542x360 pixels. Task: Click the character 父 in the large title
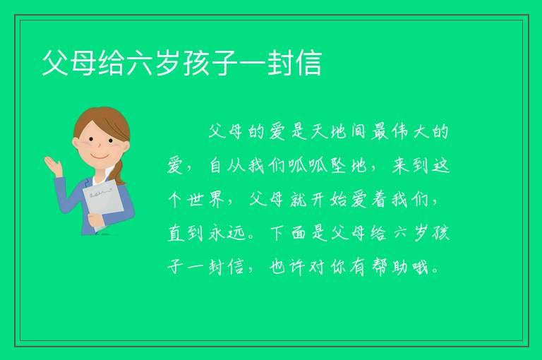[x=55, y=63]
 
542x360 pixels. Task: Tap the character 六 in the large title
[x=140, y=63]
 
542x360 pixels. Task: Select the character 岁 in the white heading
[x=168, y=63]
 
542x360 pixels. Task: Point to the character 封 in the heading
[x=280, y=63]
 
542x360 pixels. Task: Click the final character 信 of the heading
[x=308, y=63]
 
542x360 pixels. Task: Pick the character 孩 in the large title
[x=196, y=63]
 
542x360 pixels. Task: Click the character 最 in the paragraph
[x=379, y=131]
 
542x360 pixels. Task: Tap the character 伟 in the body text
[x=400, y=131]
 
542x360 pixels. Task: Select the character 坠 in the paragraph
[x=338, y=165]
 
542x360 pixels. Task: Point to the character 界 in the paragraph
[x=217, y=199]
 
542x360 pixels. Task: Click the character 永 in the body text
[x=217, y=233]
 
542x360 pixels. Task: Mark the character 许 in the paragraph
[x=297, y=267]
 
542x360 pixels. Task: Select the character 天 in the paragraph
[x=318, y=131]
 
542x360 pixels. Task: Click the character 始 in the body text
[x=338, y=199]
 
